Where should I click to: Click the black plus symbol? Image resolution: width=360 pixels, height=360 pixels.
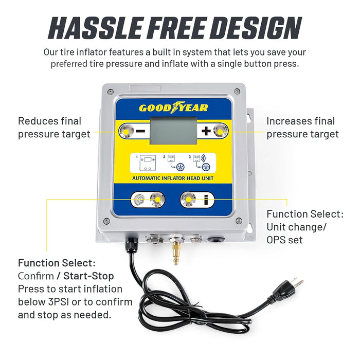coord(206,131)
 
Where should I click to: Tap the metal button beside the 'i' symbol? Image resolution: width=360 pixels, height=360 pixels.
coord(189,200)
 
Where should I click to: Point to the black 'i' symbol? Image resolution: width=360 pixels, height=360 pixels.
coord(207,200)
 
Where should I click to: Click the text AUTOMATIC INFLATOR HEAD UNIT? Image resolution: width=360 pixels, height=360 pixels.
coord(173,178)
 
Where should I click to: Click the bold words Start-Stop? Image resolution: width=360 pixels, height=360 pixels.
coord(92,276)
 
